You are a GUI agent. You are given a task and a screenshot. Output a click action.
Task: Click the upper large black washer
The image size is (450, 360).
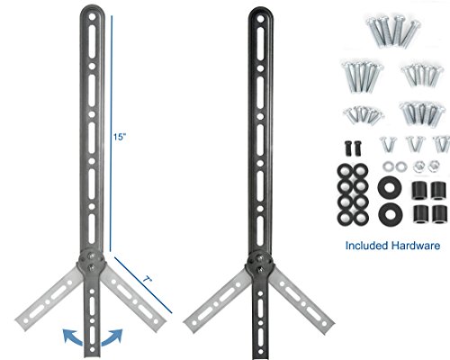tap(389, 188)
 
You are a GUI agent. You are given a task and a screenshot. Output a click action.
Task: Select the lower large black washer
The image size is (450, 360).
tap(389, 214)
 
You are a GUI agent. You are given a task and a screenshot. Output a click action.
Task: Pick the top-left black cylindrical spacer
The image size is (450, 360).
tap(418, 189)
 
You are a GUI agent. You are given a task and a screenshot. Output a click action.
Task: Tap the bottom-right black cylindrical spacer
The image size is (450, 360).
tap(439, 214)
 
